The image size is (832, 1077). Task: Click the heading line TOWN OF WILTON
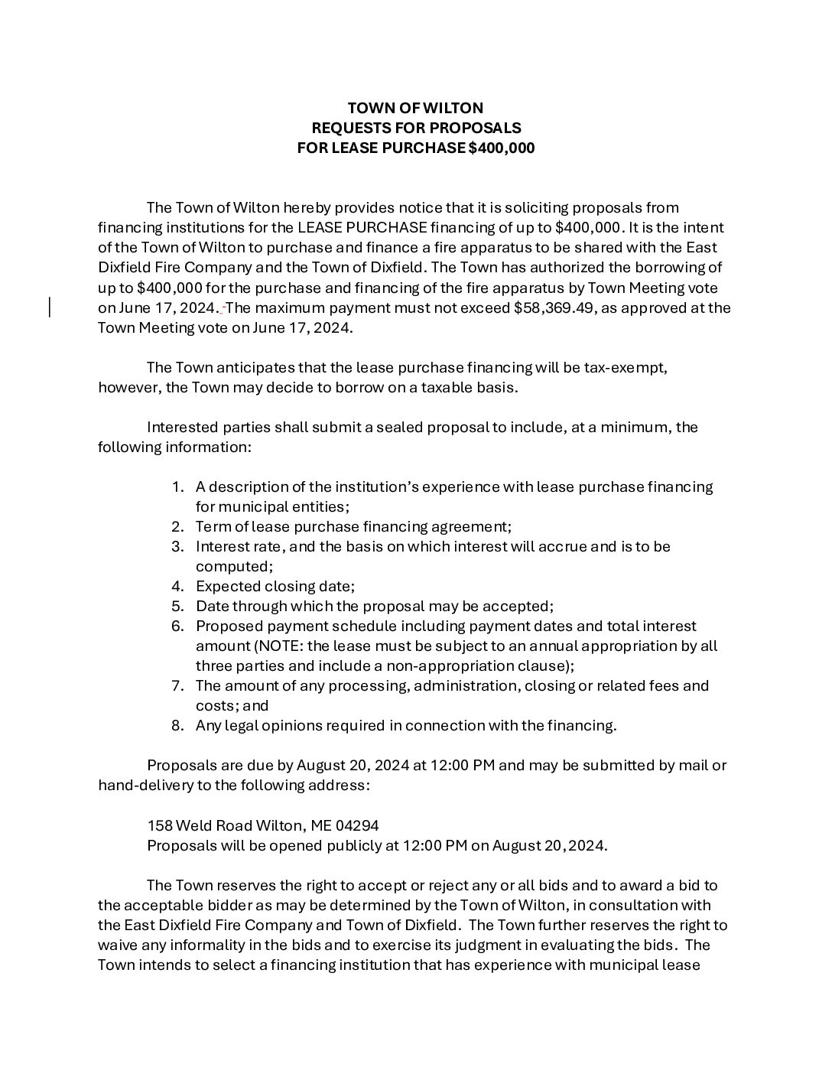[415, 108]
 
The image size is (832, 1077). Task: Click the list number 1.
[177, 486]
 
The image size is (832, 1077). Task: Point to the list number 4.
[177, 586]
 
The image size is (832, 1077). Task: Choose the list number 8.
[177, 725]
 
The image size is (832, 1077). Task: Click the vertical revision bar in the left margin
[50, 307]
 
